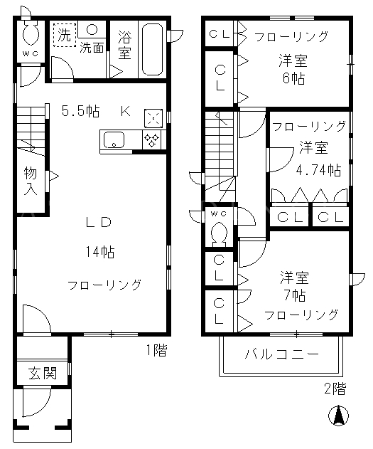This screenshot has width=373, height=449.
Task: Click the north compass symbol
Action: [338, 416]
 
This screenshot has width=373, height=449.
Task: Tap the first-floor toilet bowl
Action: [31, 33]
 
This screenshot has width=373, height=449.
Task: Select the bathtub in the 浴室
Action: [152, 49]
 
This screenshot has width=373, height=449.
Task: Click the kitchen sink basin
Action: [114, 139]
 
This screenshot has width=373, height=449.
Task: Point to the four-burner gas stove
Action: [151, 139]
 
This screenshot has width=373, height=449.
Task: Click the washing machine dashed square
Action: [65, 35]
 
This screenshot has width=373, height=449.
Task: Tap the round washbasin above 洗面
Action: [92, 29]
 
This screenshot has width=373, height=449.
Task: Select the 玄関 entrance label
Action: [43, 374]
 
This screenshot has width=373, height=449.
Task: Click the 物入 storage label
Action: [31, 181]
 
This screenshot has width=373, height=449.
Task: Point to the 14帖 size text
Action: [100, 252]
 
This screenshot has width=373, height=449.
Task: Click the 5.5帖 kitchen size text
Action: [81, 111]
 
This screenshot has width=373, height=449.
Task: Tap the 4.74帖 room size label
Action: [318, 170]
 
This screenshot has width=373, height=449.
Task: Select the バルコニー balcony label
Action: [281, 354]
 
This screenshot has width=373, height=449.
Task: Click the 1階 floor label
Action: [156, 350]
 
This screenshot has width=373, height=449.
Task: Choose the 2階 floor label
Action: [335, 389]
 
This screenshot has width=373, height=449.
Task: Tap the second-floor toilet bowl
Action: [219, 233]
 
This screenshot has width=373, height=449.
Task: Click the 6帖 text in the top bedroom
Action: [294, 78]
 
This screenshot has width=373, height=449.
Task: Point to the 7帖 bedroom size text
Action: [295, 295]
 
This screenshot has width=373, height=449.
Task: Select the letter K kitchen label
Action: [126, 111]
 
